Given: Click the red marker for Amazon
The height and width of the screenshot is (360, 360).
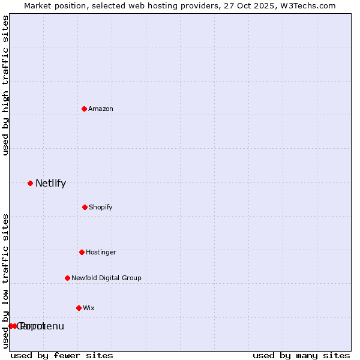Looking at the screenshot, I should click(x=84, y=109).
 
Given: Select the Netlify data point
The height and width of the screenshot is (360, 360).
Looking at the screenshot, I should click(x=30, y=183).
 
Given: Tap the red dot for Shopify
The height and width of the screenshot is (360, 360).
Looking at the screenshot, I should click(x=85, y=207).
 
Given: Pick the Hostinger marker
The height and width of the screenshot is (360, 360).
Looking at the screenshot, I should click(x=82, y=252).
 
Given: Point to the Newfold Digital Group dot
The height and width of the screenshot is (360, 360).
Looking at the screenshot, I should click(x=67, y=278).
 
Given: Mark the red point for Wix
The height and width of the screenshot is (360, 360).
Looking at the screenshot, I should click(x=79, y=308).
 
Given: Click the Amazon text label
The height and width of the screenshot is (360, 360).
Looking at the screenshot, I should click(x=101, y=109).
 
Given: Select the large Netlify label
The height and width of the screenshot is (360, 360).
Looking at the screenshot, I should click(x=50, y=184).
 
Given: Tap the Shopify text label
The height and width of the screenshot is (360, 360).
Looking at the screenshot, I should click(x=101, y=207).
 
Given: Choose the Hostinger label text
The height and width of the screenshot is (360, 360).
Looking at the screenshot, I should click(x=101, y=252).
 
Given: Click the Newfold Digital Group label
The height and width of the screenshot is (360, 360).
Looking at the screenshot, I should click(x=106, y=278).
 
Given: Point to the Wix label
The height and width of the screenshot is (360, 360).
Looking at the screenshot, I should click(x=89, y=308).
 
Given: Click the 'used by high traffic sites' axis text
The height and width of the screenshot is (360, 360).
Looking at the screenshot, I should click(x=5, y=85).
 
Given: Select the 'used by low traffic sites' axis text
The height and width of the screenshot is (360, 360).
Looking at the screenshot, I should click(x=5, y=280).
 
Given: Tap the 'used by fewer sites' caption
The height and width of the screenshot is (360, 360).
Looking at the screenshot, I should click(x=62, y=355).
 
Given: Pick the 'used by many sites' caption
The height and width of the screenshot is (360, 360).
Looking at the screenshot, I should click(x=301, y=355).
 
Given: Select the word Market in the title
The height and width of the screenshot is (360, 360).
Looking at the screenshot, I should click(x=38, y=5).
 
